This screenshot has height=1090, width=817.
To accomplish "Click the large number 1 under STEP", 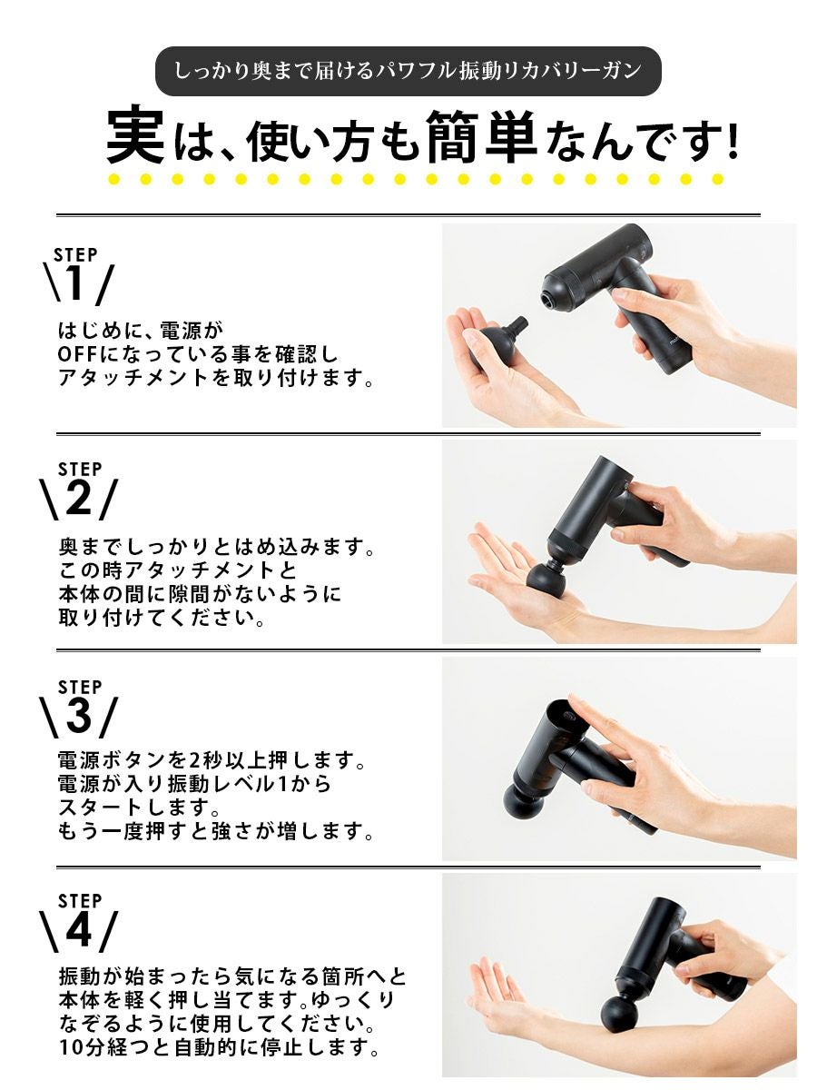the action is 75,283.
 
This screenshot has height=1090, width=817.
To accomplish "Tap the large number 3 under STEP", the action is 78,715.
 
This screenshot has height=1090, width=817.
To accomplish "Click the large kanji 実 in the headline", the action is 135,134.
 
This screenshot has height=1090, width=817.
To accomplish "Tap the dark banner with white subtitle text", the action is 408,71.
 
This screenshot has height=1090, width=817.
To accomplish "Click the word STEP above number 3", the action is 80,688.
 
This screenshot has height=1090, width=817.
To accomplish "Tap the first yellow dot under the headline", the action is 114,179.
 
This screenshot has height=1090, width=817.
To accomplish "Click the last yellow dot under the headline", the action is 717,179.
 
